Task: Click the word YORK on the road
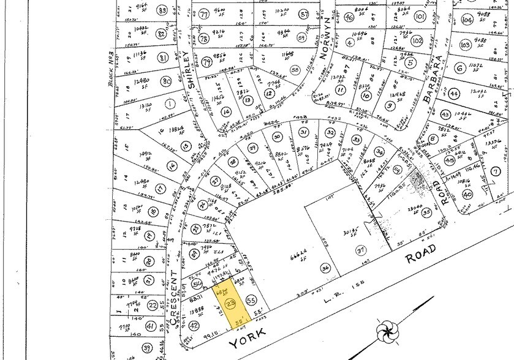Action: (248, 336)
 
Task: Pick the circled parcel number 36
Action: (325, 268)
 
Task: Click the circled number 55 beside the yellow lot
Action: (250, 300)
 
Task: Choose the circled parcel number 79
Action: (206, 62)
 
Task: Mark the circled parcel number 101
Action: (420, 17)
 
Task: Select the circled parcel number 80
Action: (164, 81)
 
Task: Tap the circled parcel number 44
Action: (453, 94)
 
